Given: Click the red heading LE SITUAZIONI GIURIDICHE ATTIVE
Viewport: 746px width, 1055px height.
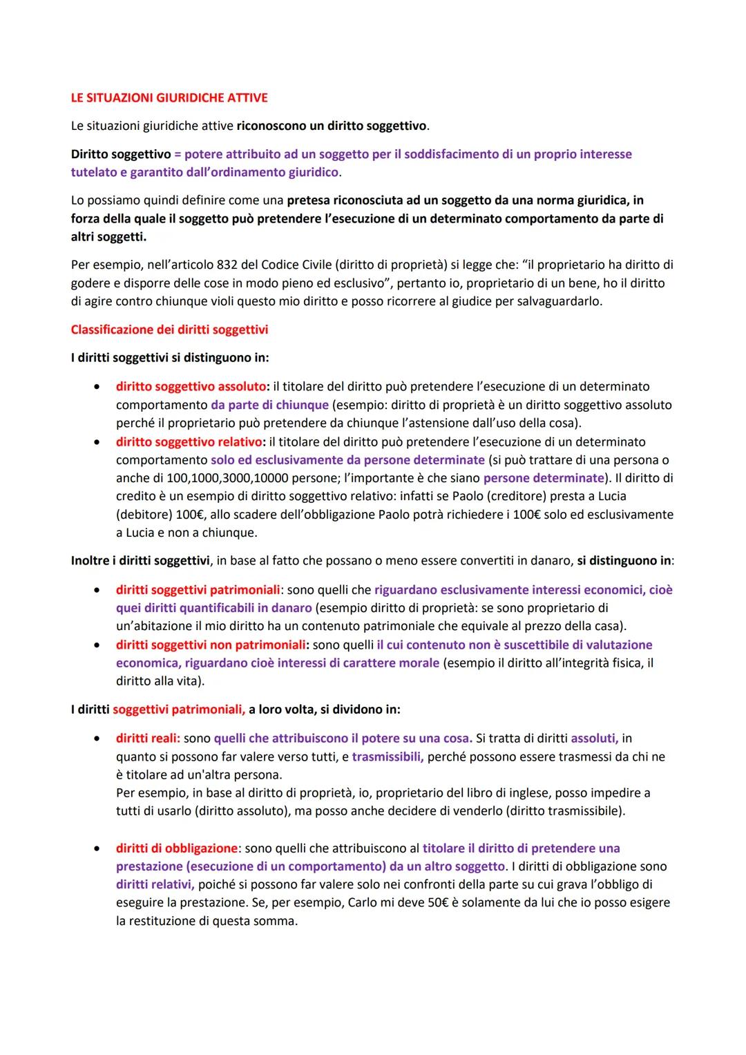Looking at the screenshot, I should (169, 97).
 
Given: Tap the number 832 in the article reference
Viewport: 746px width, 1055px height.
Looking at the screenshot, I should (227, 265).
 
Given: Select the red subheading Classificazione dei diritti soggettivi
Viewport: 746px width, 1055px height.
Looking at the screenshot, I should (169, 330).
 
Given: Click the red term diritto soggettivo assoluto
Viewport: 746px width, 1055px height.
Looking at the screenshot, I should (191, 386).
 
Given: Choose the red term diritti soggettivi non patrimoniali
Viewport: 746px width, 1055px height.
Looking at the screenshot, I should (211, 645).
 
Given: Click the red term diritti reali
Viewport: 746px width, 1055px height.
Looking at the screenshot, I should (147, 738).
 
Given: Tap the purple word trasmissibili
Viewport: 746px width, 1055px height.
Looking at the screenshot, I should (388, 757).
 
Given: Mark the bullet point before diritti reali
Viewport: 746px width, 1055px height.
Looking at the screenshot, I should (101, 739).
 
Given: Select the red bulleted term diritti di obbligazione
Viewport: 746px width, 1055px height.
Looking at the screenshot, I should (176, 848).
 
